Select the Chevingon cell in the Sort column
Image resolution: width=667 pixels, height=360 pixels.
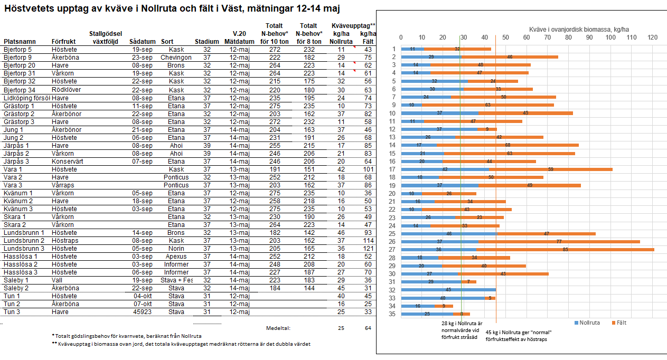click(x=176, y=58)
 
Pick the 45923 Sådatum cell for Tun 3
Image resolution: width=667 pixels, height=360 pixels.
click(x=143, y=311)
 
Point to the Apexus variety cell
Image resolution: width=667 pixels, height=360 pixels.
click(x=176, y=256)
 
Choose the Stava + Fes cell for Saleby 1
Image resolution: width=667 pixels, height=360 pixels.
click(x=176, y=280)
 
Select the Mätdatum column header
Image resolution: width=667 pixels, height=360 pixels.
click(x=239, y=41)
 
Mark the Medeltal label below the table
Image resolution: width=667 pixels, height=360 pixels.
click(x=278, y=328)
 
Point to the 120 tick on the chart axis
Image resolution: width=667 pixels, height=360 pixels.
click(x=652, y=37)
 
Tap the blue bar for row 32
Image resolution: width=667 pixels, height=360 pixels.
click(x=448, y=289)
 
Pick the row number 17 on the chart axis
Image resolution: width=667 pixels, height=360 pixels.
click(x=392, y=169)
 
